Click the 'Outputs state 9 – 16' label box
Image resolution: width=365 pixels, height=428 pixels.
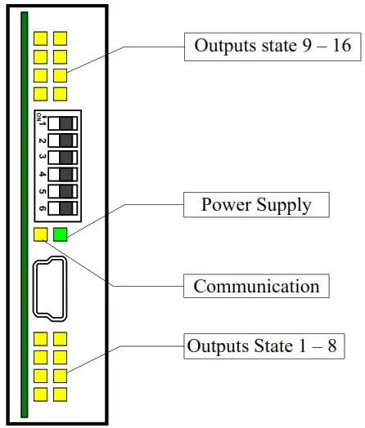273,45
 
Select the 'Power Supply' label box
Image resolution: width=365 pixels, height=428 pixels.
256,203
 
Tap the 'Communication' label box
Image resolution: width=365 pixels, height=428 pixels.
256,286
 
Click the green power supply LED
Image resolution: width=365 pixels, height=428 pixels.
61,236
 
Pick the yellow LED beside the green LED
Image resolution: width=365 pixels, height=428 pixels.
41,236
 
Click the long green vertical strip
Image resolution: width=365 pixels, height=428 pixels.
25,212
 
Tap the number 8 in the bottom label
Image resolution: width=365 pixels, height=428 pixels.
330,346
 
